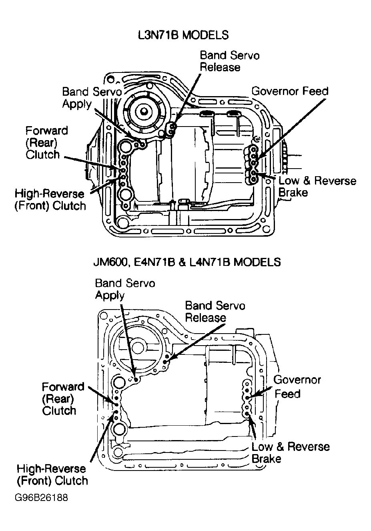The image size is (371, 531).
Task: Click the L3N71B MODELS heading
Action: (x=183, y=35)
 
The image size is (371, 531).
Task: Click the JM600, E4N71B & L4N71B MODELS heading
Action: (x=187, y=262)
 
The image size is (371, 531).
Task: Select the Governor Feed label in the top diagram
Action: (x=290, y=91)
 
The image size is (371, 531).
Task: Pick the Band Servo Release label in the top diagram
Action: (x=230, y=61)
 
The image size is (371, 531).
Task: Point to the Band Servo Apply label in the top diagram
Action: (x=92, y=98)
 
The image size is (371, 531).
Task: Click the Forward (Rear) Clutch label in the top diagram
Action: (x=47, y=143)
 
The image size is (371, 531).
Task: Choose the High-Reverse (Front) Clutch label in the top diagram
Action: (x=50, y=200)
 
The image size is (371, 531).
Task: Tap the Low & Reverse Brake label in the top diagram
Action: (x=317, y=187)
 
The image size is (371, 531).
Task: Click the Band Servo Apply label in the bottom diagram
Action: (x=125, y=289)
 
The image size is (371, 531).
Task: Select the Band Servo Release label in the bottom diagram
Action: (x=215, y=312)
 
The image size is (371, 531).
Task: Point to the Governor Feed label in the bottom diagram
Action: (x=297, y=386)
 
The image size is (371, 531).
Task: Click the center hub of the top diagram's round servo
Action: (x=144, y=111)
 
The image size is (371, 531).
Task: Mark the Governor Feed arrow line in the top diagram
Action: (x=291, y=129)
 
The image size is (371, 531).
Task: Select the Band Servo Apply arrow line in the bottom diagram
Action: (x=128, y=342)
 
